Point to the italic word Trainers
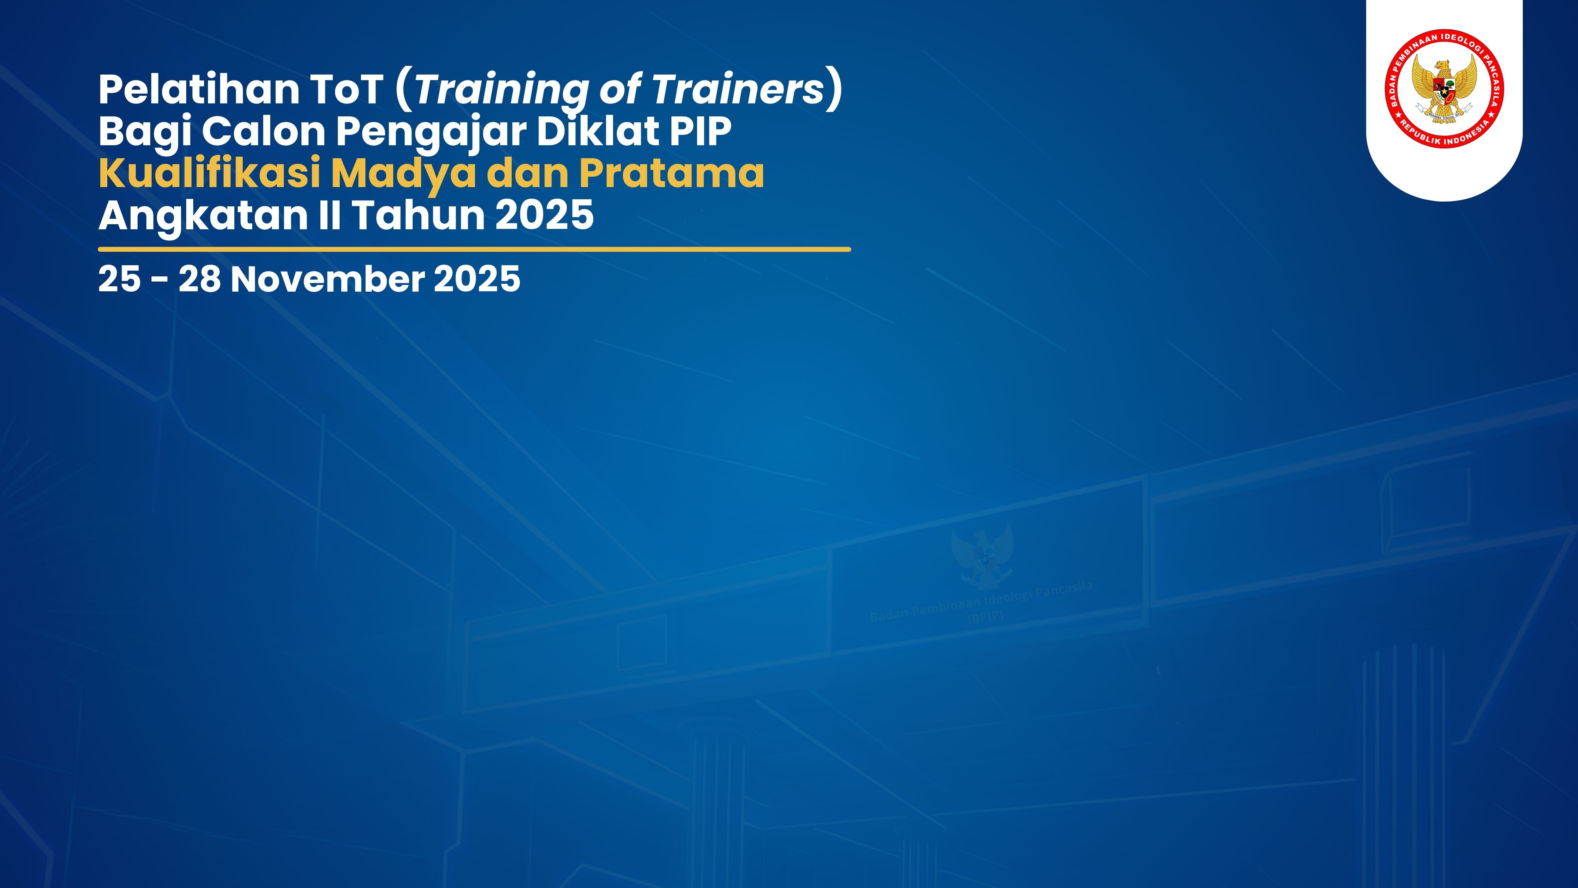coord(738,90)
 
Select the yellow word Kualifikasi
coord(209,173)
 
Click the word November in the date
coord(327,279)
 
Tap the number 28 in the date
coord(199,279)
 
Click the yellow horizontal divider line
coord(474,249)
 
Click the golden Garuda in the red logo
coord(1444,89)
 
